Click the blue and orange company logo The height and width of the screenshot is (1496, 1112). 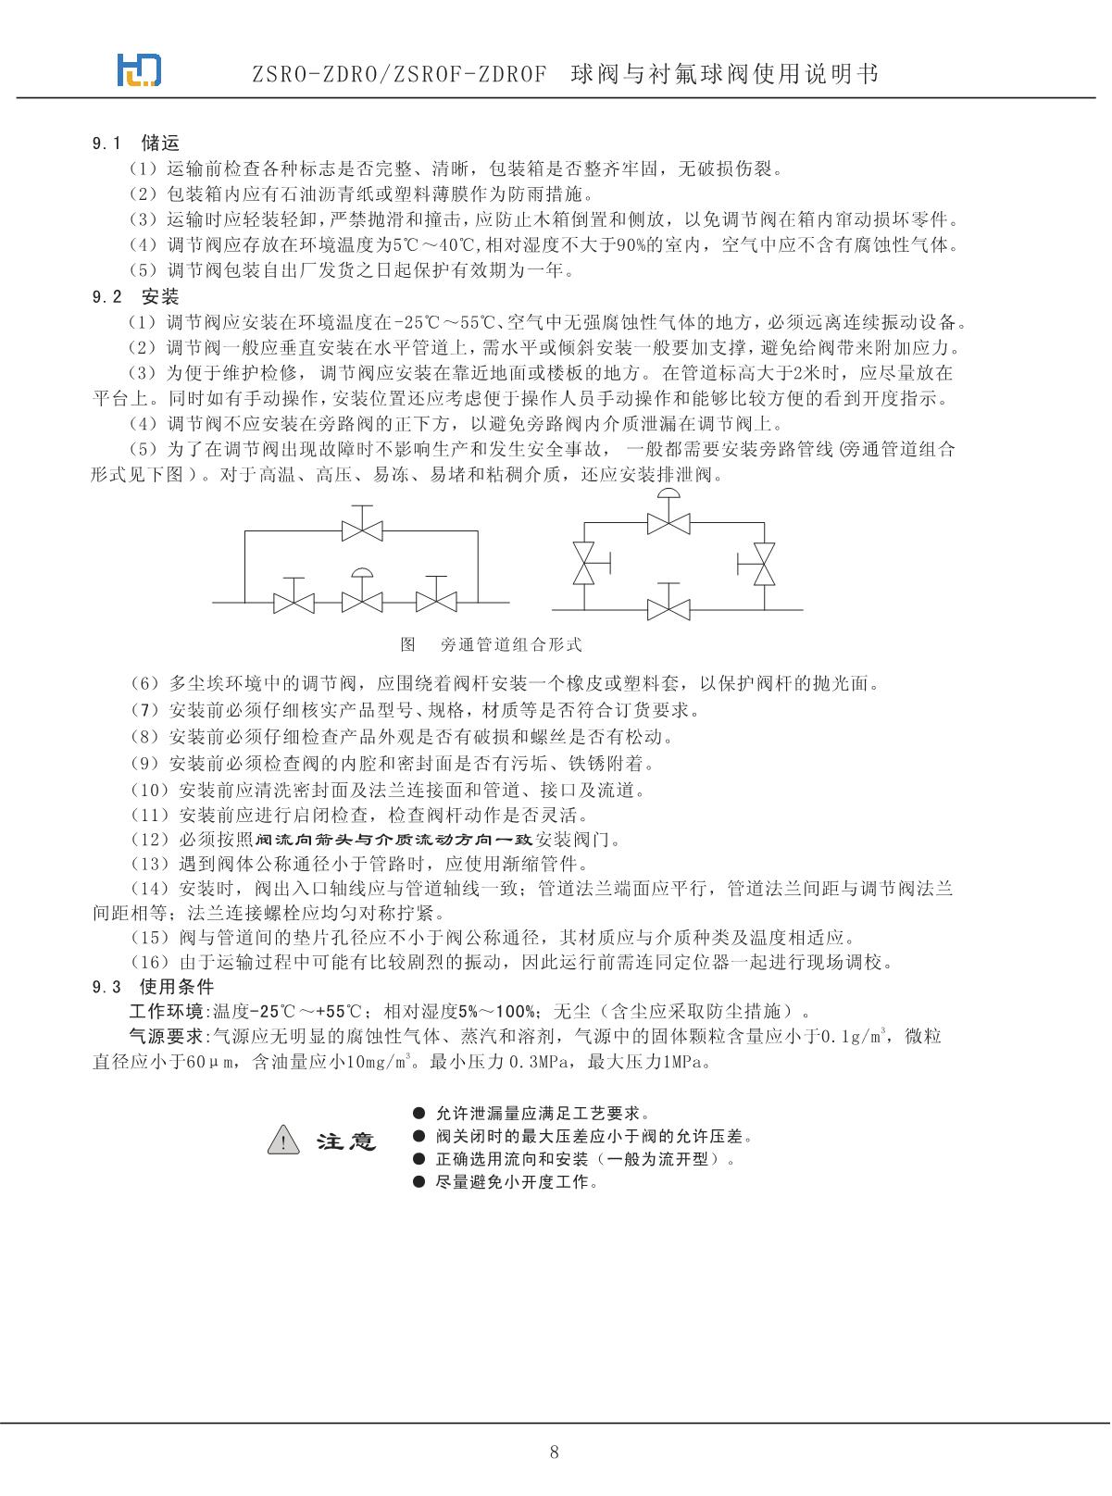139,69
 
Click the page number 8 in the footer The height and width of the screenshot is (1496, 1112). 555,1451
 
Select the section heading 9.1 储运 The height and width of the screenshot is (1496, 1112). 135,143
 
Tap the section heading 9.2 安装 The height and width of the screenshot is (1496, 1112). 135,297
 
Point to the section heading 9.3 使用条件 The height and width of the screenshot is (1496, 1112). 153,986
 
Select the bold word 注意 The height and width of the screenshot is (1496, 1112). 347,1141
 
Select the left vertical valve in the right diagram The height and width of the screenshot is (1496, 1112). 584,562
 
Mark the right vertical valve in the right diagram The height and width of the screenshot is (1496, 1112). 763,562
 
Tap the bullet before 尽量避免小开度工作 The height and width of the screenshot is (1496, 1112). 419,1182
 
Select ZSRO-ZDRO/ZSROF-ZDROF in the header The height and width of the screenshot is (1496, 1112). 399,74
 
